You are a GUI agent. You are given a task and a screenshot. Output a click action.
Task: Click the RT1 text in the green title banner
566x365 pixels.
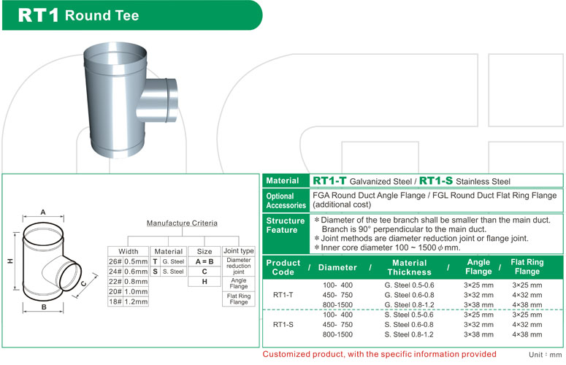click(x=38, y=15)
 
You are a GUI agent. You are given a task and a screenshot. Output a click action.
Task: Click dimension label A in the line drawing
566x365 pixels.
click(x=43, y=212)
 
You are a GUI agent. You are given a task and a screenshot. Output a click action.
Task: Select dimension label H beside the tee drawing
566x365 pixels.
click(x=10, y=261)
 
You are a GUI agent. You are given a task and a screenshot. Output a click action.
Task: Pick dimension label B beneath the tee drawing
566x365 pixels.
click(x=44, y=307)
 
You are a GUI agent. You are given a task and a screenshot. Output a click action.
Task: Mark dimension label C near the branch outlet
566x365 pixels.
click(x=83, y=283)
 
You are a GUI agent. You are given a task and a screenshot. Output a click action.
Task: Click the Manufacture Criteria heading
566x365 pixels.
click(x=182, y=223)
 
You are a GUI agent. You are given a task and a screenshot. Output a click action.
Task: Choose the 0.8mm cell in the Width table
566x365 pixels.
click(x=136, y=281)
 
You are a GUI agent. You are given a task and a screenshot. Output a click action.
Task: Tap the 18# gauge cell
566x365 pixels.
click(x=115, y=301)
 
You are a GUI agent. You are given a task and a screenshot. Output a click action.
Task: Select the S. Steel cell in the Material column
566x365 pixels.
click(x=173, y=272)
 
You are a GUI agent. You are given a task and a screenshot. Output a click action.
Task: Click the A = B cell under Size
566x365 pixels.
click(x=204, y=261)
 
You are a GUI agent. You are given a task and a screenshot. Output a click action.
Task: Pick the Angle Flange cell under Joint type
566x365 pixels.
click(x=239, y=283)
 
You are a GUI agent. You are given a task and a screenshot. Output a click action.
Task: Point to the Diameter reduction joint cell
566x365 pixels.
click(x=239, y=266)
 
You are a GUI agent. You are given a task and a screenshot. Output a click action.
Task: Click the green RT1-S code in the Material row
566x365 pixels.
click(x=436, y=181)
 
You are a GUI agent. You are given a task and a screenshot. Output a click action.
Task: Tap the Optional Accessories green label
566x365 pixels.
click(x=286, y=201)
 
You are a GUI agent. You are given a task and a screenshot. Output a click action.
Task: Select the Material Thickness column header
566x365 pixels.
click(x=409, y=267)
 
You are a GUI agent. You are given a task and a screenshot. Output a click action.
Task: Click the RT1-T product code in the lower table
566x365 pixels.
click(x=283, y=295)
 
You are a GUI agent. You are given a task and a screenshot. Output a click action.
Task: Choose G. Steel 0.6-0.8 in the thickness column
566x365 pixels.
click(x=409, y=295)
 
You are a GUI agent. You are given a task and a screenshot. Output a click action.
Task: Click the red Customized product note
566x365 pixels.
click(x=379, y=354)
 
